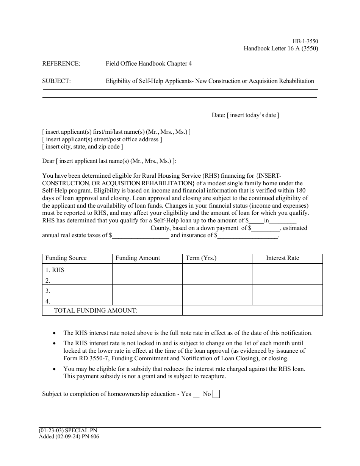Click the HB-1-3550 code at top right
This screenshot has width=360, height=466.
click(305, 41)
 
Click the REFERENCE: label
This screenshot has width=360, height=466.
click(61, 64)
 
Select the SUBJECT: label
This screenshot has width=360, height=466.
click(56, 81)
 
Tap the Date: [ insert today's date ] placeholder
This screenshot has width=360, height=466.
click(245, 115)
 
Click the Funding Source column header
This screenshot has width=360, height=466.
click(66, 258)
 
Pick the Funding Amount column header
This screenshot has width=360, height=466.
click(138, 258)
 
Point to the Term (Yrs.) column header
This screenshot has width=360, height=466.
click(201, 258)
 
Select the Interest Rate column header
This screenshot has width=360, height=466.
click(282, 258)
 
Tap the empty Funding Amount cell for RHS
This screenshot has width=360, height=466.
click(147, 269)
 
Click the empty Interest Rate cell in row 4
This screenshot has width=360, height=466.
click(287, 300)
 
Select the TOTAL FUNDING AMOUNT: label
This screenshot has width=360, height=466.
click(96, 311)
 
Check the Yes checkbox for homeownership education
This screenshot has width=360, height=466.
click(196, 394)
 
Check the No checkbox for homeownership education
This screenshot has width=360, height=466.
click(216, 394)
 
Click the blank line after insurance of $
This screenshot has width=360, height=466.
click(248, 236)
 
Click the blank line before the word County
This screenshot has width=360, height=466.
click(96, 229)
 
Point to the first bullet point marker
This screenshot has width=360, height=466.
click(55, 333)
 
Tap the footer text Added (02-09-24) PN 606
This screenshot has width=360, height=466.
click(69, 436)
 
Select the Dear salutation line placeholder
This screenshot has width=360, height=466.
click(109, 161)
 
